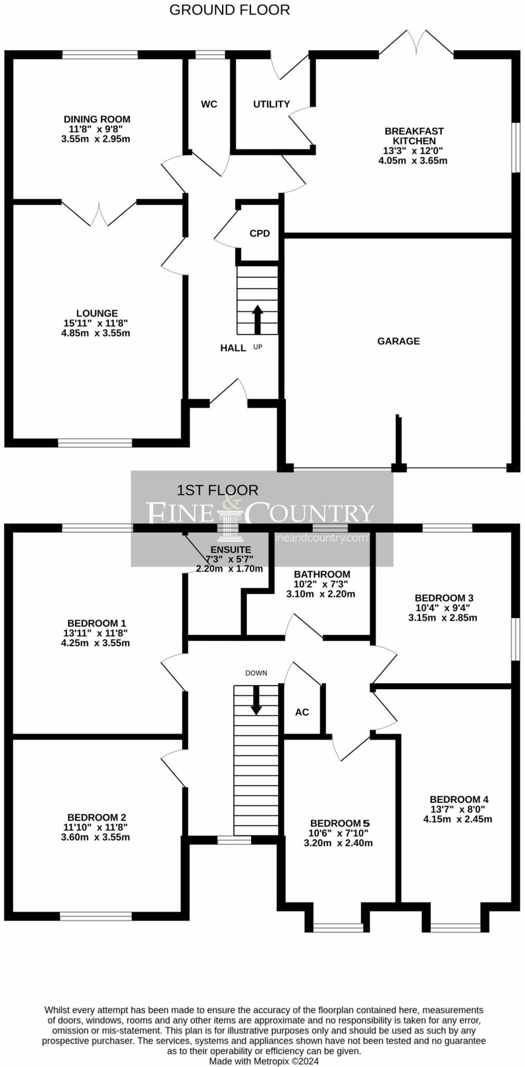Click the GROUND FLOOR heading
click(x=229, y=10)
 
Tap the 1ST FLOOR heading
click(x=217, y=490)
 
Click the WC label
click(x=209, y=104)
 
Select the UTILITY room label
click(x=272, y=104)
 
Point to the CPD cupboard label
click(x=260, y=233)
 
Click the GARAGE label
click(x=398, y=341)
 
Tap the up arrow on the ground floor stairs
click(x=258, y=319)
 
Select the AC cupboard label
click(x=302, y=712)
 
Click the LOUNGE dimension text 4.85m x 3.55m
click(x=96, y=333)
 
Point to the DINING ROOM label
click(x=97, y=119)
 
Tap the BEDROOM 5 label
click(x=340, y=823)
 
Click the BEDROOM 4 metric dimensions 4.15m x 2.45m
click(x=458, y=819)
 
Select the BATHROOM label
click(x=322, y=574)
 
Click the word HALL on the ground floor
click(x=233, y=348)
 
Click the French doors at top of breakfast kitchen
click(x=416, y=42)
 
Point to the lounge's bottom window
click(x=95, y=443)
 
